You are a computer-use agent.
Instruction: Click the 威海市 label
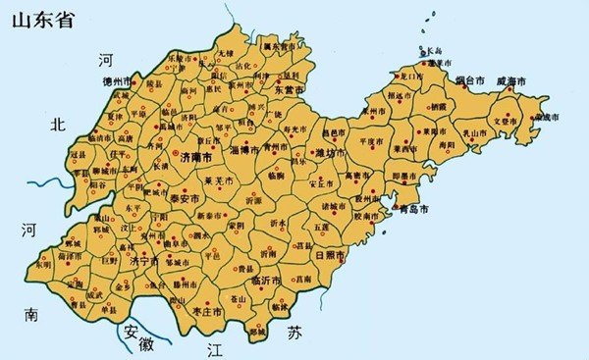pyautogui.click(x=512, y=80)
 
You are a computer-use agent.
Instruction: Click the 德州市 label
pyautogui.click(x=117, y=81)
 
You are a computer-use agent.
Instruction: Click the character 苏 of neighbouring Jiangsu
pyautogui.click(x=294, y=334)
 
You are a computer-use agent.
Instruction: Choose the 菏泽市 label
pyautogui.click(x=69, y=255)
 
